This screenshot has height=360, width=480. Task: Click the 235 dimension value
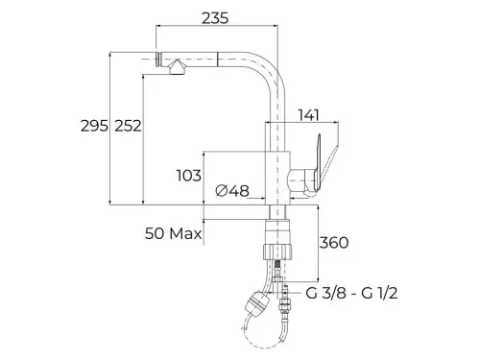215,18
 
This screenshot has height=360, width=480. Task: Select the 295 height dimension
94,126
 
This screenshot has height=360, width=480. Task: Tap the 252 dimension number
128,126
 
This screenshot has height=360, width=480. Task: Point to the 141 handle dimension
308,115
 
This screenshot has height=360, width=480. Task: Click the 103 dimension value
189,176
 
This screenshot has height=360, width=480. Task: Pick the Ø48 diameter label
232,191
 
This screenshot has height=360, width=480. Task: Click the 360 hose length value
334,243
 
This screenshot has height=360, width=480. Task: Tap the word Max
185,233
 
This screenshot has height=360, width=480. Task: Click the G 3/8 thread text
325,293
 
